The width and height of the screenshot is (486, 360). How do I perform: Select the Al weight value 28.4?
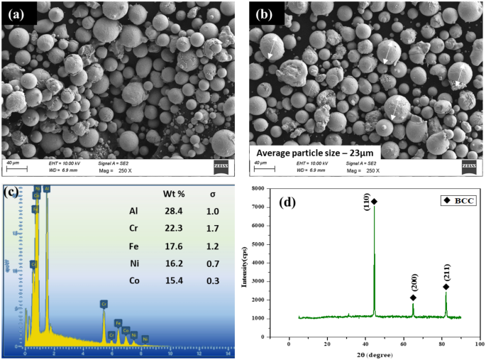[175, 211]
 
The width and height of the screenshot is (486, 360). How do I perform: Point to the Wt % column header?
[175, 193]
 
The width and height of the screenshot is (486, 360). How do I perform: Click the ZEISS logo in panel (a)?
[222, 168]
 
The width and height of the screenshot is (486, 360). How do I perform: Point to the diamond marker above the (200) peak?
[413, 298]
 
